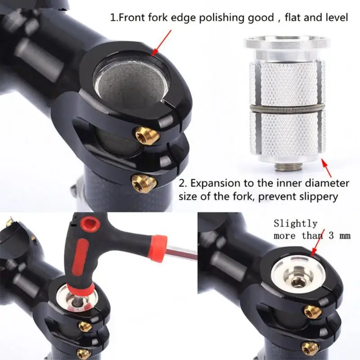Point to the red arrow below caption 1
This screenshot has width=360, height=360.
[x=162, y=43]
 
